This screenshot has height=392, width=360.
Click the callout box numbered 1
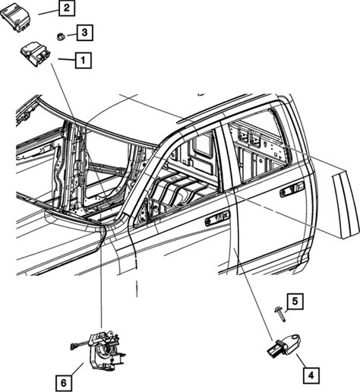(x=83, y=60)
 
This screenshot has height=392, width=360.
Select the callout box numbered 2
(x=67, y=8)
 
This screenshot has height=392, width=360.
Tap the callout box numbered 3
(x=85, y=33)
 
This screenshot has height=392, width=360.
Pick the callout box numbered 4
(x=311, y=375)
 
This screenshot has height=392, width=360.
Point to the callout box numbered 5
(x=295, y=302)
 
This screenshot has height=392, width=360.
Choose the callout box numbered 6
(x=64, y=383)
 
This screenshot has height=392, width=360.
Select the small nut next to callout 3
(x=61, y=36)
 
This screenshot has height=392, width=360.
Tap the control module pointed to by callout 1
(x=35, y=54)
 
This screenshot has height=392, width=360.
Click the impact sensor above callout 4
(x=284, y=346)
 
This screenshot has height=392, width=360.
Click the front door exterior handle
(x=218, y=218)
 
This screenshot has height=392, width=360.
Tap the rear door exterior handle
(x=292, y=188)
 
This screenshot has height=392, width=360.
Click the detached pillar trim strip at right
(x=346, y=204)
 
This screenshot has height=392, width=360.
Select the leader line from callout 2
(x=49, y=12)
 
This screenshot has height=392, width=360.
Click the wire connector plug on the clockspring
(x=74, y=346)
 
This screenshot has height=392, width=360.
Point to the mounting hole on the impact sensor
(x=294, y=338)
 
